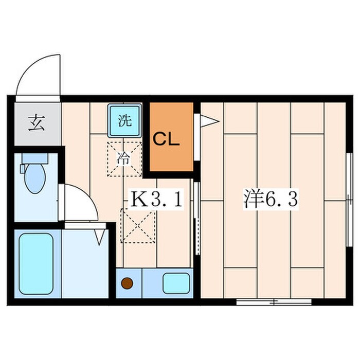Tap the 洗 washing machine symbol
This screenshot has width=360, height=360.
pos(124,120)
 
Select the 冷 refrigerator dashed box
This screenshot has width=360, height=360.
pos(124,159)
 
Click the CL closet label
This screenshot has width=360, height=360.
pos(166,139)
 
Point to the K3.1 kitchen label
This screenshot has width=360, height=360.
pos(156,199)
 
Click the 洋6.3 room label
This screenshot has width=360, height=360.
pos(271,199)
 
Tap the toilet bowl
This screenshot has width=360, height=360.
pos(35,178)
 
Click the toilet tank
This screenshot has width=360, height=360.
pos(35,158)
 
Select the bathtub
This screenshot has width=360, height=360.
pos(36,263)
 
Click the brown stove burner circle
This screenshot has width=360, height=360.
pos(127,283)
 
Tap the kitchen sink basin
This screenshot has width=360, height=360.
pos(176,283)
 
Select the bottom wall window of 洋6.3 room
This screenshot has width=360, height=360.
pos(274,302)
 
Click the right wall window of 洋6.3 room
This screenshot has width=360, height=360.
pos(349,200)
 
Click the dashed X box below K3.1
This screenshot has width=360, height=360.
pos(138,226)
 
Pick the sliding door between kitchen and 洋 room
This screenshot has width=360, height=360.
pos(197,219)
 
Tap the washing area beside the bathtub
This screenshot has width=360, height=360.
pos(85,263)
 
